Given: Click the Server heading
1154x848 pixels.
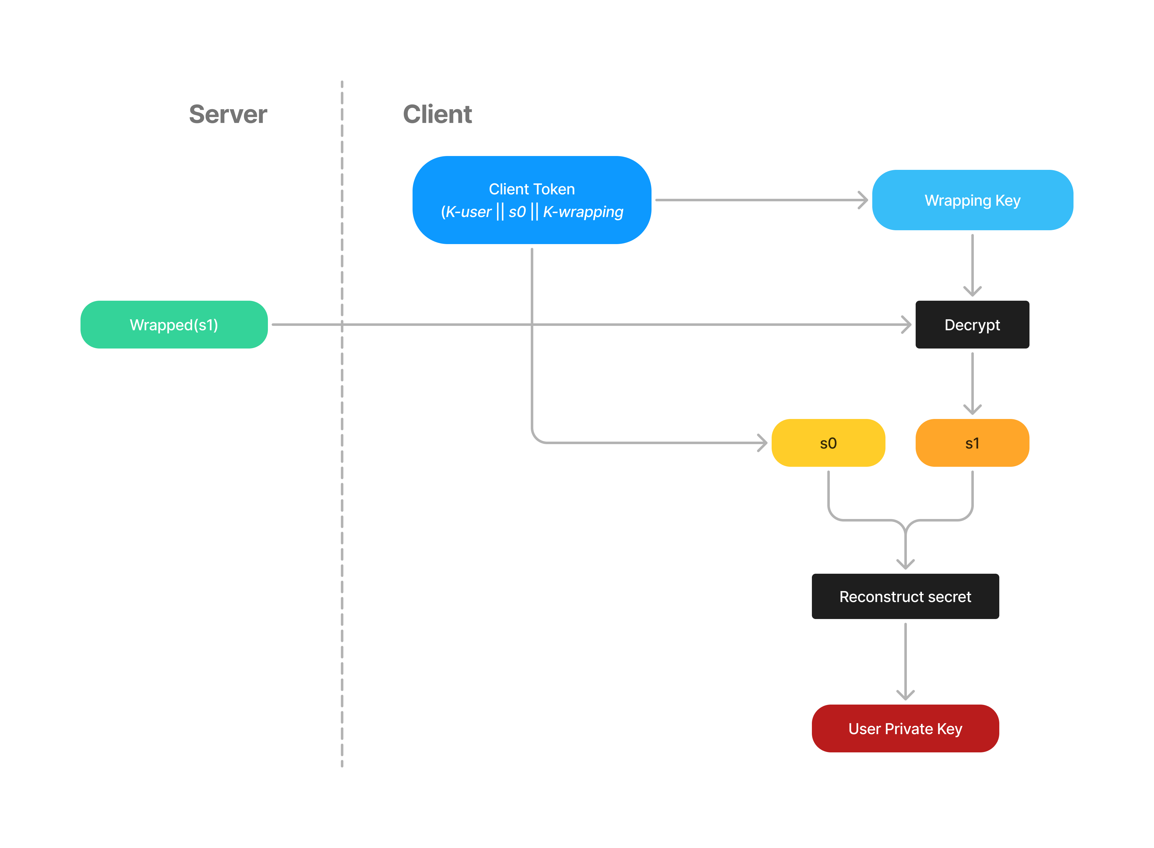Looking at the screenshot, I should point(228,114).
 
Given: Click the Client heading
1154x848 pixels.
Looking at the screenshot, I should point(437,114).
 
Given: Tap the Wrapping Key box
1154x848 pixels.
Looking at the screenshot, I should point(972,200).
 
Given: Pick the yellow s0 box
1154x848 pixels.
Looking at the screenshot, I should point(828,443).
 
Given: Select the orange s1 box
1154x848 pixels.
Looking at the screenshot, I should point(972,443).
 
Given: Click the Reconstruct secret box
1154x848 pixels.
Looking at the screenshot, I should point(905,596).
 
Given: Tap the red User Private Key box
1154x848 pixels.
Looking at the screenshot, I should point(905,728).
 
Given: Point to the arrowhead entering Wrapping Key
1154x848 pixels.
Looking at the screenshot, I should point(863,200).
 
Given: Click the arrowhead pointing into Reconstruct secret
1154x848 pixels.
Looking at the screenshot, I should point(905,565).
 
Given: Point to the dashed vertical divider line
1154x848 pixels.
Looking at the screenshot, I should point(342,513).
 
